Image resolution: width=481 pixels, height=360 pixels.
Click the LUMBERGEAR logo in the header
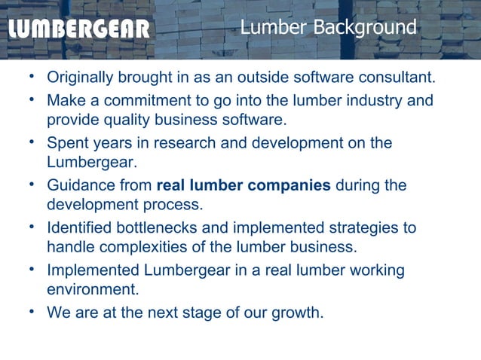tap(80, 29)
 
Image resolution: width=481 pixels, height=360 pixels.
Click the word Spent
tap(67, 142)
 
